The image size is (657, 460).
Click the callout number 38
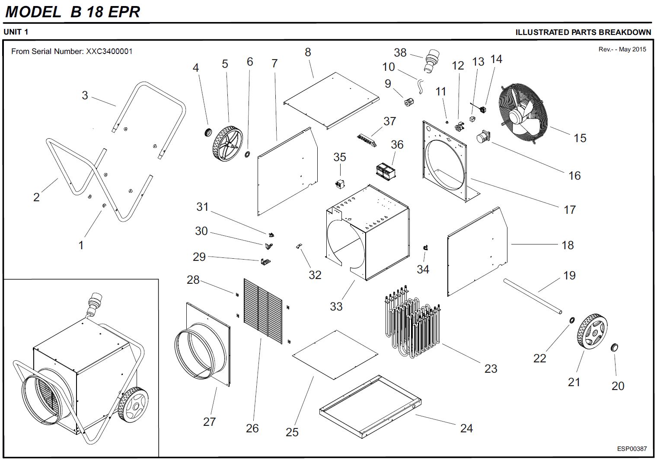coord(400,53)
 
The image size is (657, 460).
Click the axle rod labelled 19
coord(533,297)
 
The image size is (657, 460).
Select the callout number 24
coord(466,428)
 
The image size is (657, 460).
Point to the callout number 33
coord(336,306)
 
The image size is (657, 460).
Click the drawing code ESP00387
coord(631,448)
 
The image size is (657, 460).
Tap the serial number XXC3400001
coord(109,51)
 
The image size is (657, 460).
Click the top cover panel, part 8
coord(331,100)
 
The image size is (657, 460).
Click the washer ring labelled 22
coord(571,320)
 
